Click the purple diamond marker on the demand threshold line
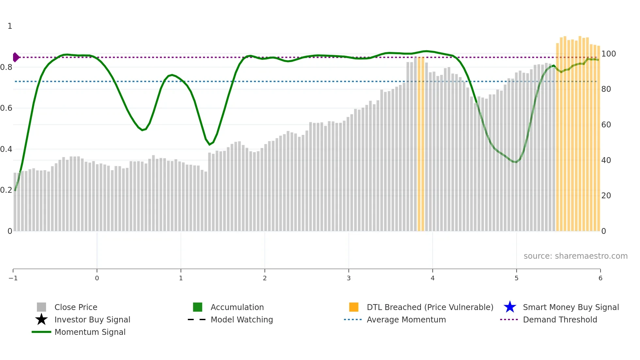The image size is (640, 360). tap(16, 57)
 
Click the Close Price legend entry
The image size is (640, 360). tap(75, 307)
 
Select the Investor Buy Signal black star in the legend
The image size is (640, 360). tap(41, 319)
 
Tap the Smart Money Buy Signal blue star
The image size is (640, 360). tap(510, 307)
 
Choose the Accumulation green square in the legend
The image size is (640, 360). tap(198, 307)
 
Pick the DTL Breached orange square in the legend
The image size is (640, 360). tap(354, 307)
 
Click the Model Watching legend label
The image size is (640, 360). tap(242, 319)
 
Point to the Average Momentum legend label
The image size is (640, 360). tap(406, 319)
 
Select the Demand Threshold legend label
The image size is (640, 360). tap(560, 319)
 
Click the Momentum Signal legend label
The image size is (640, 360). tap(90, 332)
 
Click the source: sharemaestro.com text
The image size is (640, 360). tap(575, 256)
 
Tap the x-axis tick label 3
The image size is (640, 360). tap(349, 278)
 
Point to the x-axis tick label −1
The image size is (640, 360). tap(13, 278)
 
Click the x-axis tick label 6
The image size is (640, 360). tap(600, 278)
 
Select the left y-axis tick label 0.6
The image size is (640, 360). tap(6, 108)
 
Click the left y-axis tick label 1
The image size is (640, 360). tap(10, 26)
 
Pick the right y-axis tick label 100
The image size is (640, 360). tap(608, 54)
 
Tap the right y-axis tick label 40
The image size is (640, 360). tap(606, 160)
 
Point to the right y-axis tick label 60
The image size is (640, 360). tap(606, 124)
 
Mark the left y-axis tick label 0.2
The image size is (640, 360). tap(6, 190)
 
